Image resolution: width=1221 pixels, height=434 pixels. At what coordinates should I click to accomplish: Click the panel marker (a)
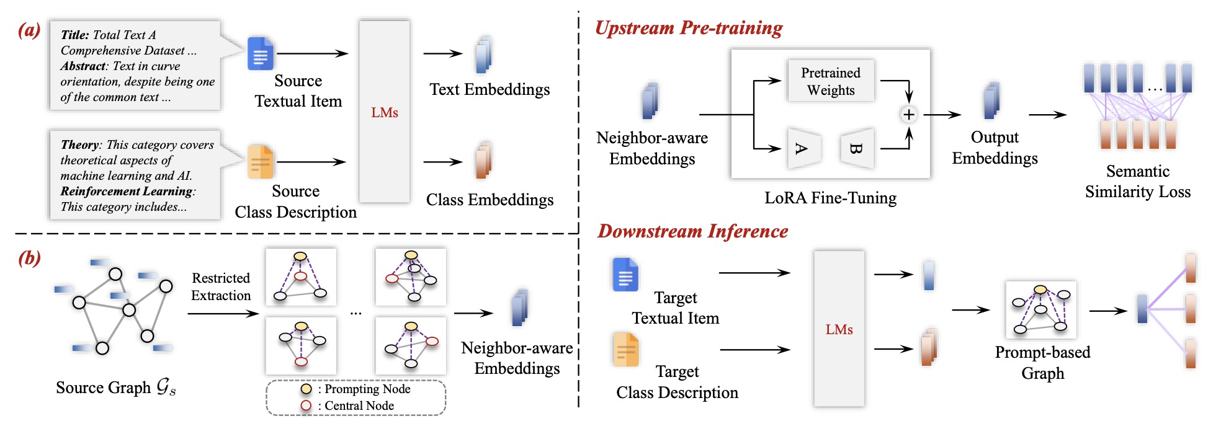(x=29, y=30)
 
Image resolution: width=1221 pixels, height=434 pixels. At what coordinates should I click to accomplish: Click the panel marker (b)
(x=29, y=258)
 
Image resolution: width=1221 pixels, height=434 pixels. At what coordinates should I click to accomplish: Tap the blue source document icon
(x=261, y=54)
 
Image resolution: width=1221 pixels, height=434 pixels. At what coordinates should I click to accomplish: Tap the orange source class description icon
(x=261, y=162)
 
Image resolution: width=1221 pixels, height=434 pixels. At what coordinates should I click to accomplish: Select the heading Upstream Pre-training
(x=689, y=29)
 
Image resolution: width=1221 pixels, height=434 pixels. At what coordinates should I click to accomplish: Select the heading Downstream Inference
(x=692, y=232)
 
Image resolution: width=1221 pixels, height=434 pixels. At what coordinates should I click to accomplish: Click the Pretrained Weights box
(x=831, y=81)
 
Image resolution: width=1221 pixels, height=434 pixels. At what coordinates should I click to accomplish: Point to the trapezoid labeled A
(x=803, y=149)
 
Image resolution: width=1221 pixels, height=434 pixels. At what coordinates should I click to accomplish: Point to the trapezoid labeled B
(x=857, y=149)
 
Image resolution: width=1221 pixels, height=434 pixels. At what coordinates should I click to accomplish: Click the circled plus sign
(x=908, y=115)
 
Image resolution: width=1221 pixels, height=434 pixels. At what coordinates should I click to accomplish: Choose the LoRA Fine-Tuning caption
(x=830, y=198)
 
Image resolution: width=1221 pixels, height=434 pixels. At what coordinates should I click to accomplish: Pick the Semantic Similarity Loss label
(x=1137, y=182)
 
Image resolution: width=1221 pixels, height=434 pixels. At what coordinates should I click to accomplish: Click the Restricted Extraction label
(x=221, y=286)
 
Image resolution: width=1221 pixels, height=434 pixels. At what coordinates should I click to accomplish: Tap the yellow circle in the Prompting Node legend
(x=306, y=389)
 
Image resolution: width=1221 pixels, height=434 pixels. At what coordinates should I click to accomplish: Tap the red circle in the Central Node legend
(x=306, y=405)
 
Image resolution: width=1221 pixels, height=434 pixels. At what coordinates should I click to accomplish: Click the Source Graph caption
(x=115, y=388)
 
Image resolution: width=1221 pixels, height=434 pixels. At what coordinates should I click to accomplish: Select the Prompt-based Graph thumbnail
(x=1041, y=309)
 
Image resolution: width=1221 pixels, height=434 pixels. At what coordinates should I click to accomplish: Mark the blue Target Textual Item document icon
(x=625, y=274)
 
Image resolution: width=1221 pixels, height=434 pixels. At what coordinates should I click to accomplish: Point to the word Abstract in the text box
(x=83, y=66)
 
